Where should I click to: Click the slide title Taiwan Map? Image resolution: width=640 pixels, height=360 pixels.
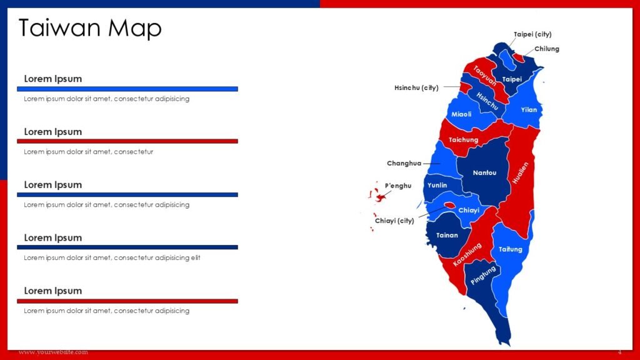coord(90,28)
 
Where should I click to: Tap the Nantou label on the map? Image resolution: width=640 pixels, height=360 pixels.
coord(484,172)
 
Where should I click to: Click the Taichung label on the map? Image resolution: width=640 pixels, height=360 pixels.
coord(463,140)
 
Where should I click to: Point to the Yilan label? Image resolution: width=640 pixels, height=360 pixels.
coord(529,110)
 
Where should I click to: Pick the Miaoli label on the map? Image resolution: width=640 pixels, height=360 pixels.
coord(461,114)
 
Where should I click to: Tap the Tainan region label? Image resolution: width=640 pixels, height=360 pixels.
coord(447,236)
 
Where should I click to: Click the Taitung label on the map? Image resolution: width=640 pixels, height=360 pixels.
coord(510,249)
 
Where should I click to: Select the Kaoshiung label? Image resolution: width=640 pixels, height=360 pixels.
coord(467,256)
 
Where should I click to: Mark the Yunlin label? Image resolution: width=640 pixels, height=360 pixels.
coord(437,186)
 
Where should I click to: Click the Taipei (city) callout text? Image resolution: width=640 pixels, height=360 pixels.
coord(532,34)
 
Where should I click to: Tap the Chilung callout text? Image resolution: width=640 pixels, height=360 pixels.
coord(547,49)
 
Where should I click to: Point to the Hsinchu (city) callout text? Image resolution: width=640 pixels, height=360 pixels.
coord(416,88)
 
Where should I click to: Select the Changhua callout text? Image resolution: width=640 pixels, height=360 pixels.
coord(404,164)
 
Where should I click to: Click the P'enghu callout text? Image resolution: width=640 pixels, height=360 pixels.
coord(398,186)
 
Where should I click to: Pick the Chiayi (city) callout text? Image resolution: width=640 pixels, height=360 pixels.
coord(394,221)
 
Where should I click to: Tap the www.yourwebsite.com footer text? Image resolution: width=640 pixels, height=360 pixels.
coord(53,352)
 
